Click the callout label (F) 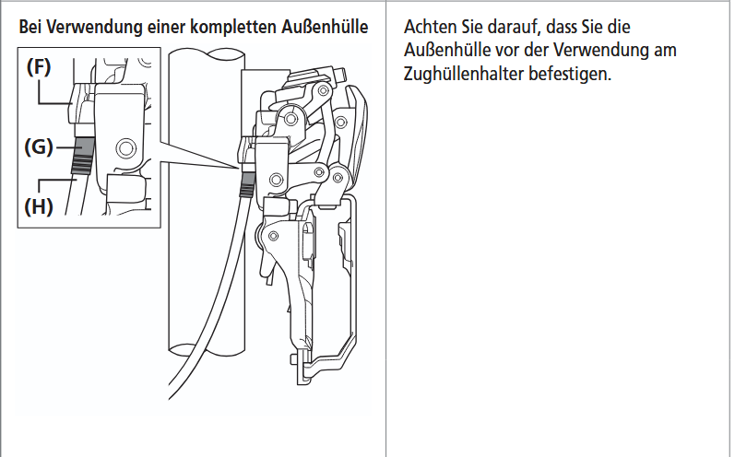(x=39, y=67)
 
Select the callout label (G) (x=38, y=147)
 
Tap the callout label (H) (x=39, y=206)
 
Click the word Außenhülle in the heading (x=325, y=27)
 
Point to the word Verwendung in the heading (x=95, y=28)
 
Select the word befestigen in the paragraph (x=570, y=74)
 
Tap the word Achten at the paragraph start (x=430, y=27)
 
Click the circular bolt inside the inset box (x=125, y=148)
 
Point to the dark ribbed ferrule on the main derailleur (x=246, y=184)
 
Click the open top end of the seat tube (x=207, y=55)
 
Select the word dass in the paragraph (x=562, y=27)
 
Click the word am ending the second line (x=665, y=50)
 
